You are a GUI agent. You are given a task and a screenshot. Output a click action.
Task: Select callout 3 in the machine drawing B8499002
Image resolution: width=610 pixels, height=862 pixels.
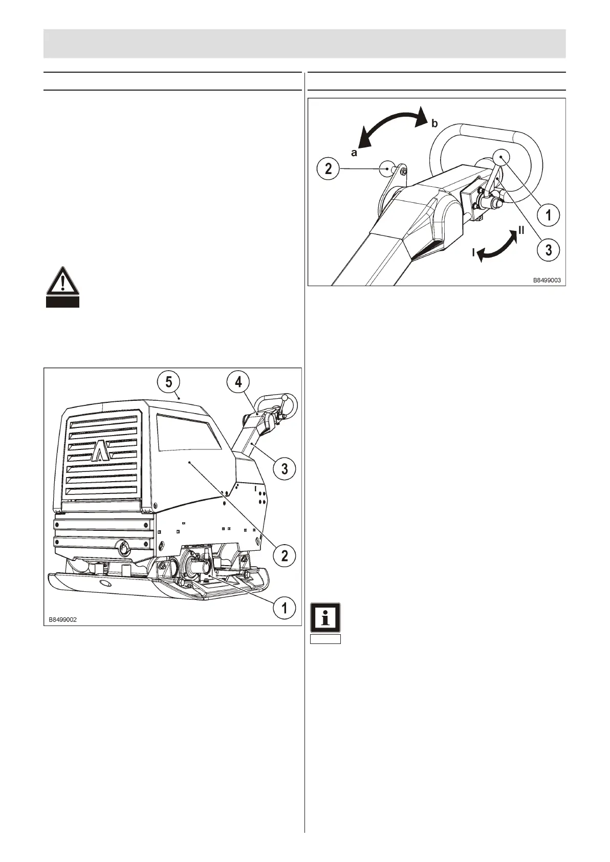pos(285,468)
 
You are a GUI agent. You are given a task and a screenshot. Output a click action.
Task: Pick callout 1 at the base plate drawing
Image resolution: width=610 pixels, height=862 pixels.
pos(285,608)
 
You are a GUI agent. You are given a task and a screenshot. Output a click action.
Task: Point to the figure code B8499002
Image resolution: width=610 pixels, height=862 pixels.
pos(63,619)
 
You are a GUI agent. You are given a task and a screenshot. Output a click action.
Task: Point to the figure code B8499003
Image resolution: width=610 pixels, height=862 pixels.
pos(547,281)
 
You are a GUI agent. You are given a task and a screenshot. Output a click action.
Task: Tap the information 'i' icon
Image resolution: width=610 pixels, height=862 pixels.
pos(325,618)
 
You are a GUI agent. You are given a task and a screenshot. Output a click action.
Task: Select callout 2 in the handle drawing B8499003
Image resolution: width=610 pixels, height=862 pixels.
pos(329,168)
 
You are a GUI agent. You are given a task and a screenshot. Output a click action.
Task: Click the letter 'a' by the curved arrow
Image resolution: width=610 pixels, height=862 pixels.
pos(354,153)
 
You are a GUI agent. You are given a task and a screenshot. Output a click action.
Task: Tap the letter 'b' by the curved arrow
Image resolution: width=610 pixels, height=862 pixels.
pos(434,123)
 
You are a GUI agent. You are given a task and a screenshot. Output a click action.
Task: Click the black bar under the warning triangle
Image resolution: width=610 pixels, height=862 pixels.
pos(62,303)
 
